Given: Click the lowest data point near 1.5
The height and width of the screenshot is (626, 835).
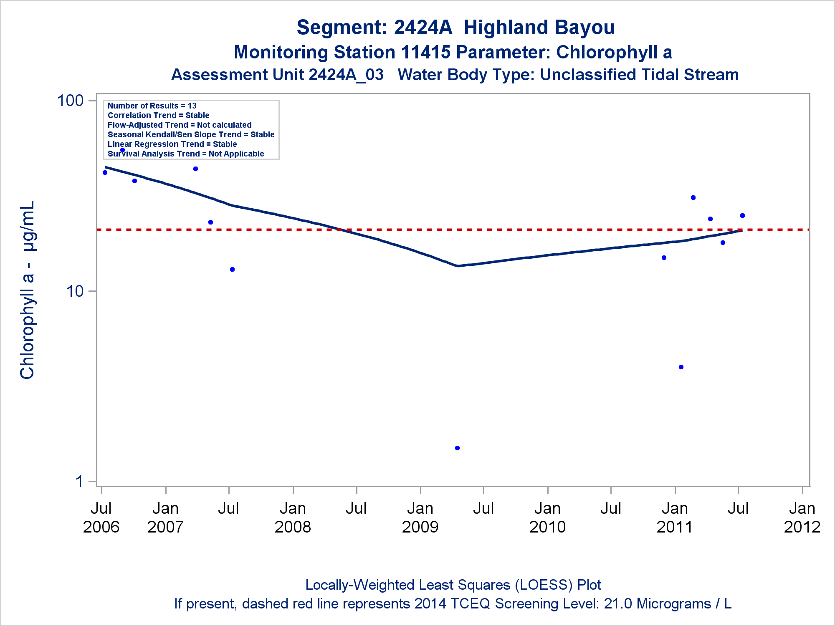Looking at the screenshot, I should click(457, 448).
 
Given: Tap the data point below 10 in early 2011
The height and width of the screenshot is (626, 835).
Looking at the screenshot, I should click(681, 367).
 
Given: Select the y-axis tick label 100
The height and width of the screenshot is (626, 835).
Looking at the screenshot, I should click(70, 101).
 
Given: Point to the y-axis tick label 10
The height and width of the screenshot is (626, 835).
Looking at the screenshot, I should click(75, 291).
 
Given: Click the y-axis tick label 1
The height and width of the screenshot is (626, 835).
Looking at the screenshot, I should click(79, 482).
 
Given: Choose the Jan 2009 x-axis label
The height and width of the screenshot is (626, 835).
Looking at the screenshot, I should click(420, 517).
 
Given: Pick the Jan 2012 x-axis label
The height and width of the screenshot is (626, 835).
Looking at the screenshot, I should click(802, 517).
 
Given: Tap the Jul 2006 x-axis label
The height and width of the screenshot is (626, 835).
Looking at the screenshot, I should click(101, 517).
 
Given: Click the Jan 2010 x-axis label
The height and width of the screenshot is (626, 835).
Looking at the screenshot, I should click(547, 517).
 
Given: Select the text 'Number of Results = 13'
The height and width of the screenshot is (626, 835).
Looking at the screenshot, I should click(152, 106).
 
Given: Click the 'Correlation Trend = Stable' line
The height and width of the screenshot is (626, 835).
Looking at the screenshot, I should click(158, 115).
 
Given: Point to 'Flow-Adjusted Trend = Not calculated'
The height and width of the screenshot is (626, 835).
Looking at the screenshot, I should click(180, 125).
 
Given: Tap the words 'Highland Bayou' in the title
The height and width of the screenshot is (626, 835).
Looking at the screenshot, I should click(539, 28).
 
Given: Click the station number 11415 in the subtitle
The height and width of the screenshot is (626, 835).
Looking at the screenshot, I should click(425, 53).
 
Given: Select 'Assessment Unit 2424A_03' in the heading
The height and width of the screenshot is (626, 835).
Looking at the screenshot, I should click(277, 75).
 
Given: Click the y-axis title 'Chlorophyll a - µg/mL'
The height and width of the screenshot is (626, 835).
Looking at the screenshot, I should click(28, 290).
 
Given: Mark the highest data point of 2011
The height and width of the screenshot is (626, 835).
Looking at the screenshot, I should click(693, 197).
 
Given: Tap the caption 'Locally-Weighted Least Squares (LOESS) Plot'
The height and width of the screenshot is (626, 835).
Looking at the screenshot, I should click(453, 585).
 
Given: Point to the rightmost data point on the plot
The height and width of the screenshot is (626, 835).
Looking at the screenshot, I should click(742, 215).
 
